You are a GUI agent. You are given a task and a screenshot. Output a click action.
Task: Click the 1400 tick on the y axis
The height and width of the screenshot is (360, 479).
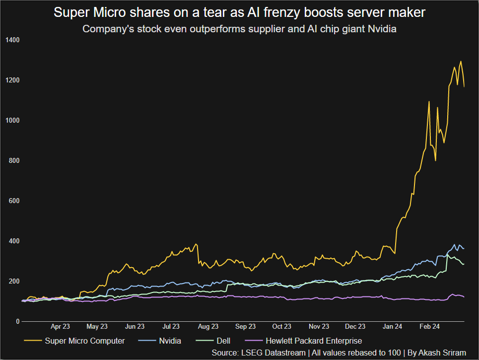(12, 40)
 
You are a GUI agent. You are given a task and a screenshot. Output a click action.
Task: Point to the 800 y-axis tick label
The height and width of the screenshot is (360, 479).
(14, 160)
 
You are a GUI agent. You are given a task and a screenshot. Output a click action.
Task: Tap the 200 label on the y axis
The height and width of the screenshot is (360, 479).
(14, 281)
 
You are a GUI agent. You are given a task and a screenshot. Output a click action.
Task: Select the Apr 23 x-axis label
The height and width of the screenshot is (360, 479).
(60, 326)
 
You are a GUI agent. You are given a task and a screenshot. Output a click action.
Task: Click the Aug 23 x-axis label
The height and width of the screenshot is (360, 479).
(208, 326)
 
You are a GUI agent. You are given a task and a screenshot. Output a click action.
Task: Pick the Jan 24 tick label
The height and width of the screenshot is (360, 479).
(393, 326)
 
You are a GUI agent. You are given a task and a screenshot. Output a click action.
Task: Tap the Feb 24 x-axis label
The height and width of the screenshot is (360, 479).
(429, 326)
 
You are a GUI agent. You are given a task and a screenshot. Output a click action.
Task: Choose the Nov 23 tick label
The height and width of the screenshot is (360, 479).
(319, 326)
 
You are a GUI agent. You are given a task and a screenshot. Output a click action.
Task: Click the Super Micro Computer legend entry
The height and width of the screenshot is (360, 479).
(84, 341)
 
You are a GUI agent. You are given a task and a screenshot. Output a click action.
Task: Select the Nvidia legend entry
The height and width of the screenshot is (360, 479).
(169, 341)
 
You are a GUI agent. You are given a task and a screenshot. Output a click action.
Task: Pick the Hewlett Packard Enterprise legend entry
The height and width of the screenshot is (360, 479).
(314, 341)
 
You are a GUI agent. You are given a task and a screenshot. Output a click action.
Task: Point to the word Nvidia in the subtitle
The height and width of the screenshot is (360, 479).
(382, 29)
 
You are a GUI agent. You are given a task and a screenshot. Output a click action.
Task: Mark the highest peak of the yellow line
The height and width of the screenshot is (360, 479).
(461, 62)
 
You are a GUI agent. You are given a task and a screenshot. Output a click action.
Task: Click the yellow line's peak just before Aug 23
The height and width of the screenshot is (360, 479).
(197, 244)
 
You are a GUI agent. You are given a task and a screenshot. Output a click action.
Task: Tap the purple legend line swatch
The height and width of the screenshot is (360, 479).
(254, 341)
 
